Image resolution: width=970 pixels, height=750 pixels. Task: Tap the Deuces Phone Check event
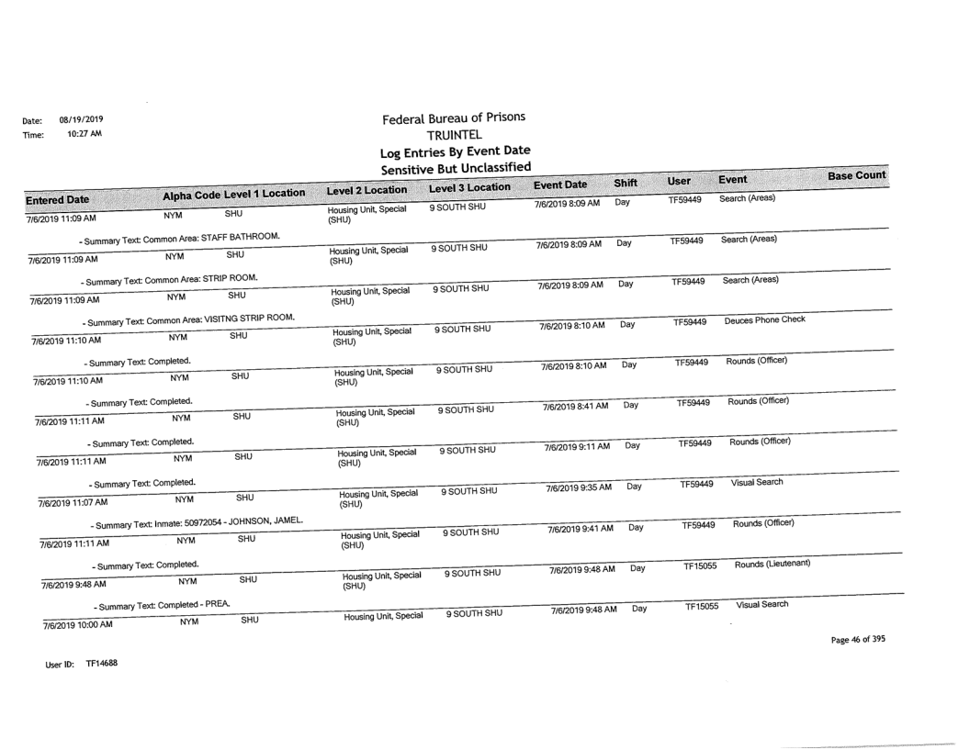tap(764, 321)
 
